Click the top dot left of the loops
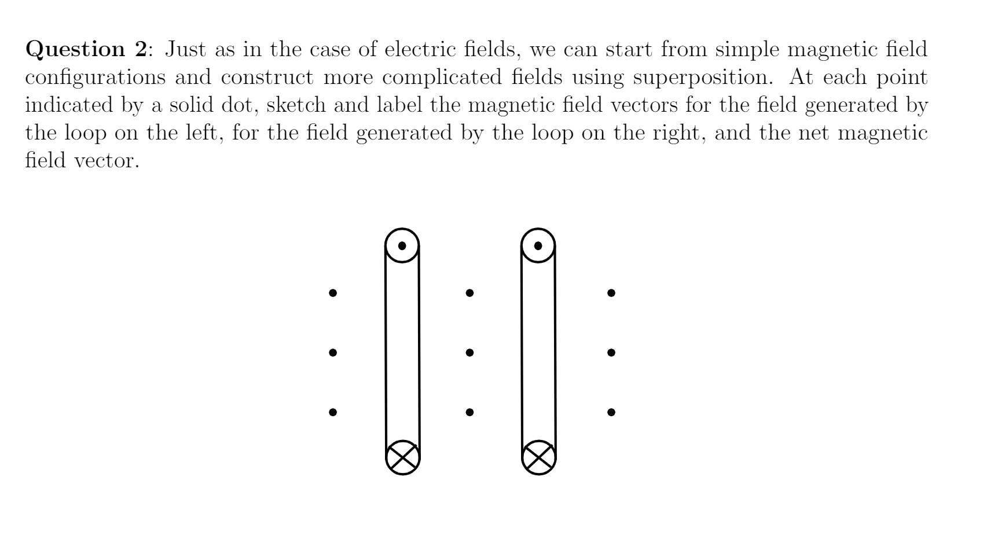click(x=333, y=293)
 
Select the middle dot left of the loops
click(x=333, y=353)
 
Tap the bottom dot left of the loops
click(x=333, y=412)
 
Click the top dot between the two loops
click(x=470, y=293)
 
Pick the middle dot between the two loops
click(x=470, y=353)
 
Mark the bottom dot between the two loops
click(x=470, y=412)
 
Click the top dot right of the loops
click(x=611, y=293)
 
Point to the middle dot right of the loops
click(x=611, y=353)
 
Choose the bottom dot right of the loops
click(x=611, y=412)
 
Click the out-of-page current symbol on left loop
click(x=402, y=245)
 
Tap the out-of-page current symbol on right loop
click(x=538, y=245)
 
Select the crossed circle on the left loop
click(x=403, y=457)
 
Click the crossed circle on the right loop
click(x=539, y=457)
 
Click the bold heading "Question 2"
click(x=86, y=50)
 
